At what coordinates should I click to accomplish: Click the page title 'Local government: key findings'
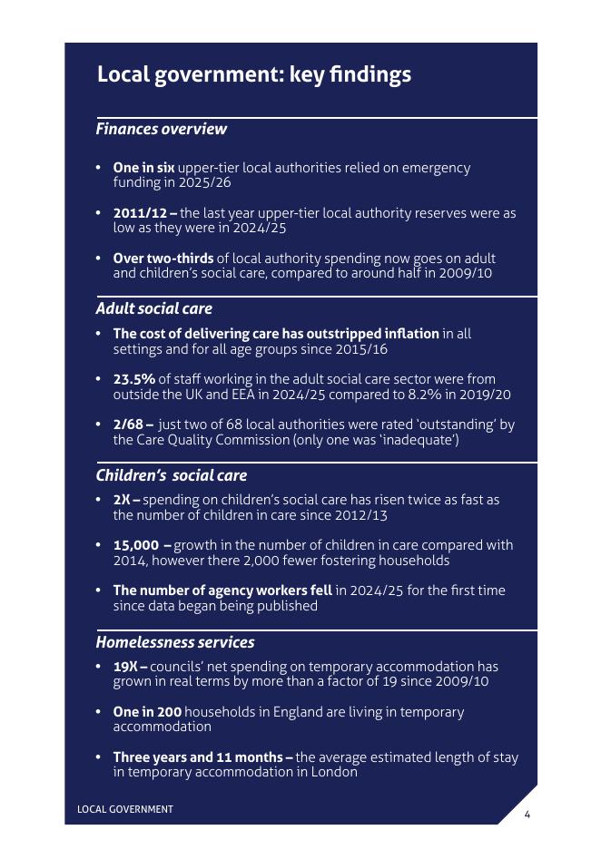(x=253, y=74)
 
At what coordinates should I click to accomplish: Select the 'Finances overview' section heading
(x=161, y=129)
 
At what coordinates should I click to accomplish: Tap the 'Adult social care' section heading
(x=153, y=308)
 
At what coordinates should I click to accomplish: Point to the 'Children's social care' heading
(x=171, y=475)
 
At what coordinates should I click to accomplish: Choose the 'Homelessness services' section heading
(x=174, y=642)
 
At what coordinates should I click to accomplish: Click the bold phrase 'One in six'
(x=143, y=168)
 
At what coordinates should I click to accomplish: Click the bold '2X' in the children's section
(x=123, y=500)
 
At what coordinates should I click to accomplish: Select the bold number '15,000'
(x=137, y=545)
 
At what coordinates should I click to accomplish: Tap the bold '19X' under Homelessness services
(x=126, y=667)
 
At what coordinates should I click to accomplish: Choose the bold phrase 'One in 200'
(x=147, y=712)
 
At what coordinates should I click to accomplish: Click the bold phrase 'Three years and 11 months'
(x=199, y=757)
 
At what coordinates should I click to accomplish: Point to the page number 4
(x=527, y=814)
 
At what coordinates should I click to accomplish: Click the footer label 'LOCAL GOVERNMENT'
(x=124, y=809)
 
